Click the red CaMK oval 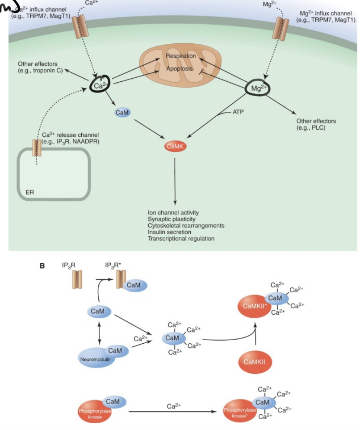175,146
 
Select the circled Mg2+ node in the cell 257,88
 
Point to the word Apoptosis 180,69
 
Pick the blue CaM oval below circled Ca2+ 122,113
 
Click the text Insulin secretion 169,232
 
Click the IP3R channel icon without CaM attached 77,281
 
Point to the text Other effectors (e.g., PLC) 316,124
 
